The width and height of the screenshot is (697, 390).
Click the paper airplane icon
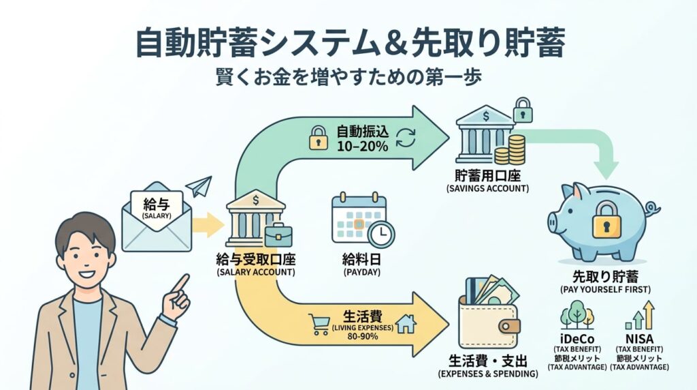[x=198, y=187]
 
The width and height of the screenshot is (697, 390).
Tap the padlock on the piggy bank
[x=606, y=220]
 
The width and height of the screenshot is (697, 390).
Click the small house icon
[x=406, y=322]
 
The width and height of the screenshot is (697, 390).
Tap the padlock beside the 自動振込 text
[x=318, y=139]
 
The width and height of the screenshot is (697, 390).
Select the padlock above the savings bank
[x=522, y=108]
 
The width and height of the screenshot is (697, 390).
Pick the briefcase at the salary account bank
[x=278, y=235]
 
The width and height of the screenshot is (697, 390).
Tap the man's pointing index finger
[x=182, y=280]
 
